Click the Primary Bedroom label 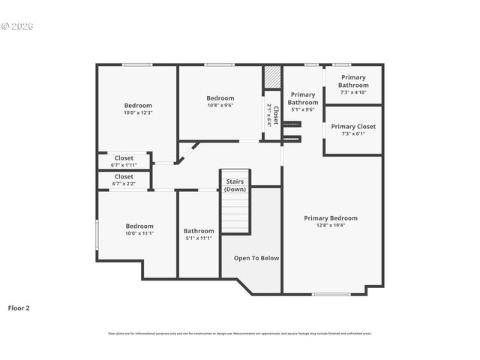click(x=331, y=218)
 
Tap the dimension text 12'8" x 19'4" click(x=331, y=225)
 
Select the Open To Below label click(x=256, y=258)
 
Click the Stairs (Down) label click(x=235, y=185)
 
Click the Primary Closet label click(x=353, y=127)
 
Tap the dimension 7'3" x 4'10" click(x=353, y=92)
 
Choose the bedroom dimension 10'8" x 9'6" click(x=220, y=106)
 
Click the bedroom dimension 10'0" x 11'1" click(x=139, y=233)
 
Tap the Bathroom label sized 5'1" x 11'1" click(x=199, y=231)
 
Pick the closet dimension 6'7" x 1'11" click(x=124, y=165)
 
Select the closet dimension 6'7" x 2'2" click(x=124, y=183)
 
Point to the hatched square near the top click(x=271, y=78)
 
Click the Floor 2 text click(x=19, y=307)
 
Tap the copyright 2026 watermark click(x=18, y=26)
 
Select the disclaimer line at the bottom click(x=240, y=334)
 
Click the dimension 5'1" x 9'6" click(x=302, y=109)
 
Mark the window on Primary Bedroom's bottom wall click(x=331, y=293)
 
